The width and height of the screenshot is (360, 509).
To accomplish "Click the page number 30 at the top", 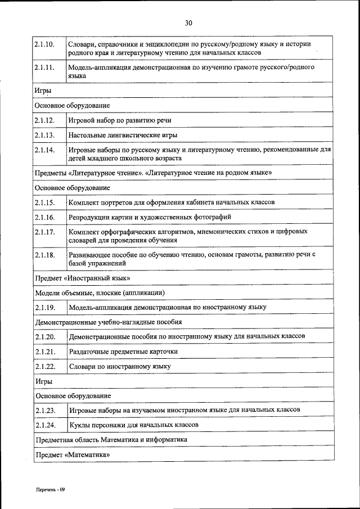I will tap(188, 22).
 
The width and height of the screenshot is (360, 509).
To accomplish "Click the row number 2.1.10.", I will tap(44, 43).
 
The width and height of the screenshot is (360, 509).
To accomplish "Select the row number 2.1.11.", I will tap(44, 67).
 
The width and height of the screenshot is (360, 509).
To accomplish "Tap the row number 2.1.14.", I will tap(44, 150).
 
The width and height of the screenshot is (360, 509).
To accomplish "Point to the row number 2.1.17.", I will tap(44, 231).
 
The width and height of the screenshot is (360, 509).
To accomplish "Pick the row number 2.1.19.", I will tap(44, 308).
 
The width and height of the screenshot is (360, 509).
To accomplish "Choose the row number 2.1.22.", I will tap(44, 366).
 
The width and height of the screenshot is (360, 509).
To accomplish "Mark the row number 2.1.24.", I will tap(44, 425).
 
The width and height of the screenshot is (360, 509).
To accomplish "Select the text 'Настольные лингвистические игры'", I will tap(123, 135).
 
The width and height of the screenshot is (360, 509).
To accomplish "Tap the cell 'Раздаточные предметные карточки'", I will tap(123, 352).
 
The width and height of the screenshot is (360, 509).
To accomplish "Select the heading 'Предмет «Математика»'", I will tap(72, 454).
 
